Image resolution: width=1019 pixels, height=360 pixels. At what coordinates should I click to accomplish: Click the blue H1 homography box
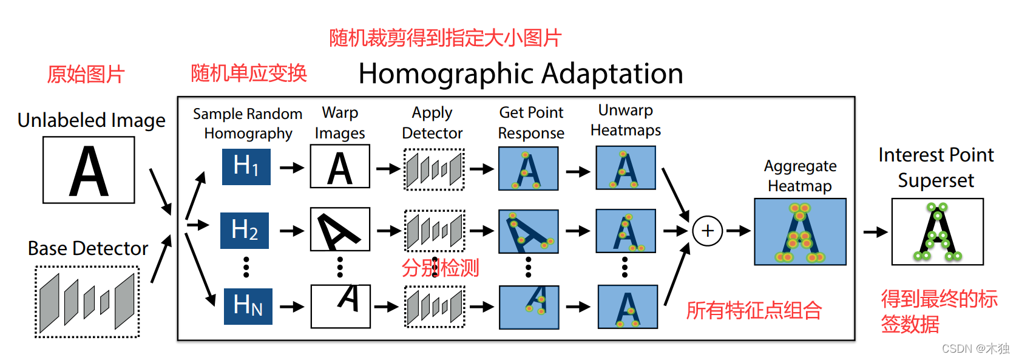[246, 166]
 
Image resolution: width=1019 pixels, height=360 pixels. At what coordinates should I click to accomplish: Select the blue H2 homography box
[245, 230]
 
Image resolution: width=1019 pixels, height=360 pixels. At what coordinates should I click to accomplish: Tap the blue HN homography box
[248, 306]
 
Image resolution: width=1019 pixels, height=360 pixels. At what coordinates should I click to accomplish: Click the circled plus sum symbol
[707, 231]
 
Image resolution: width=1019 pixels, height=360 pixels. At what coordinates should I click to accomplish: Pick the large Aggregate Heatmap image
[800, 231]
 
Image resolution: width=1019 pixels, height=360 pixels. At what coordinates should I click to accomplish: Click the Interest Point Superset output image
[937, 231]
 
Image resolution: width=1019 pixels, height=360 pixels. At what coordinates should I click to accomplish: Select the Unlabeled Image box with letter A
[89, 170]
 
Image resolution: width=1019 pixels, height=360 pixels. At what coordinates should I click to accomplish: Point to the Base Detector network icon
[87, 302]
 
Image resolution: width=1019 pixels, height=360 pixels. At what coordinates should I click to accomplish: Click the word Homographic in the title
[438, 74]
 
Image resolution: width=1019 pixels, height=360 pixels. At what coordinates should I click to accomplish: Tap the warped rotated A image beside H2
[340, 229]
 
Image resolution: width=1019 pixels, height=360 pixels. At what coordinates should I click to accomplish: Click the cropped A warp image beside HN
[340, 307]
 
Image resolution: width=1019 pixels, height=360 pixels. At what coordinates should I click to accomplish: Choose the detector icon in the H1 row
[434, 169]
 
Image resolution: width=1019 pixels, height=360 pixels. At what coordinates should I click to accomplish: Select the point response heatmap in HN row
[529, 307]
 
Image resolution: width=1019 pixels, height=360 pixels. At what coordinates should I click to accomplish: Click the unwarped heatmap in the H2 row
[626, 231]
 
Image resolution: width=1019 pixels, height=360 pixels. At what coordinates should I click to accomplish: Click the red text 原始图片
[86, 75]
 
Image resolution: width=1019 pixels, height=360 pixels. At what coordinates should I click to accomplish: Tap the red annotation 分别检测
[440, 268]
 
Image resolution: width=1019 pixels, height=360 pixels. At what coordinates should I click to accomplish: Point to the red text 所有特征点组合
[754, 311]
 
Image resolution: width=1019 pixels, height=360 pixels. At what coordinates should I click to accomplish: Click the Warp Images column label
[340, 123]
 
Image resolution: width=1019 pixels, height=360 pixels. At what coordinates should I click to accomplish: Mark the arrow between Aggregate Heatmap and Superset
[875, 232]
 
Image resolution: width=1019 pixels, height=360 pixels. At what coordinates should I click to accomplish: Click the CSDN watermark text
[975, 348]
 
